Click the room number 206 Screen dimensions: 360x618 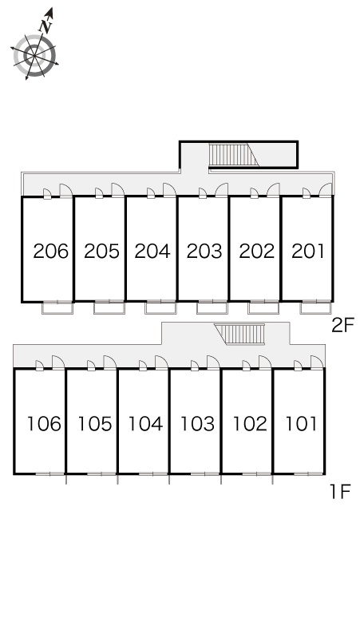51,251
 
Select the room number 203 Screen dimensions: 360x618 204,251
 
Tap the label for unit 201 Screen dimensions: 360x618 308,251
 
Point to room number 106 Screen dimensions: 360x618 44,424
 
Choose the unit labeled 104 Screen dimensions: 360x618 145,424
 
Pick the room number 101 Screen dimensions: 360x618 301,424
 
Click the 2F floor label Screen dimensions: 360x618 342,325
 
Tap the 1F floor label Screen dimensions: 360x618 340,492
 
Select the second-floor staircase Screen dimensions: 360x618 233,155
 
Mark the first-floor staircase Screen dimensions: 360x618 239,334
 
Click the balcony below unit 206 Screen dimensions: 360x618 57,307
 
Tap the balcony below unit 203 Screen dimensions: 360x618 212,307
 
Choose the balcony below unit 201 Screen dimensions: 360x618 316,307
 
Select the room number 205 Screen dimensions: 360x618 101,251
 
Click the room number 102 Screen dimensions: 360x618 250,424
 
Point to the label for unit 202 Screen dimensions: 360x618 257,251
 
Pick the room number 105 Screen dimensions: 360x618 94,424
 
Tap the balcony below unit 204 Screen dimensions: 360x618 160,307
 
